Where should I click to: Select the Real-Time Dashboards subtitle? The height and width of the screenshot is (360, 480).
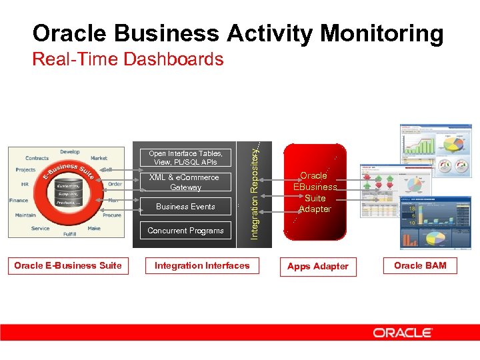coord(128,59)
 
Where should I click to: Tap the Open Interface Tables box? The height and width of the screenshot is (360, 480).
coord(185,157)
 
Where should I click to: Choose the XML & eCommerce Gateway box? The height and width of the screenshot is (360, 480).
coord(185,182)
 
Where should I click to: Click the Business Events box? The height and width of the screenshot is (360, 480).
coord(185,207)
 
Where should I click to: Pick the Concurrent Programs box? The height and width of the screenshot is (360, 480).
coord(185,231)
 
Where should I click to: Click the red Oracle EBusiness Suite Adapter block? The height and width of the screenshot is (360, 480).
coord(315,193)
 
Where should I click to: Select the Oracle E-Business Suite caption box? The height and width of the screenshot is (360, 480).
coord(68,265)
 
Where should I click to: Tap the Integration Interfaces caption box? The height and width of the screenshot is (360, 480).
coord(202,265)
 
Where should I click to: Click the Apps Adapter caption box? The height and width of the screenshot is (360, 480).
coord(317,266)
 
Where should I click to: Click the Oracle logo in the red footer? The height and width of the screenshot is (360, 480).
coord(403,333)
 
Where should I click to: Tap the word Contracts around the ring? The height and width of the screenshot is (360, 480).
coord(37,158)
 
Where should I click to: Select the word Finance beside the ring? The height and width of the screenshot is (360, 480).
coord(19,200)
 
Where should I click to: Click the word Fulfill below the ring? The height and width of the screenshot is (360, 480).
coord(69,234)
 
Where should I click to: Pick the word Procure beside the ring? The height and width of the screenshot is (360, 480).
coord(111,215)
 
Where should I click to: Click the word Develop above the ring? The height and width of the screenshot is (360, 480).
coord(69,152)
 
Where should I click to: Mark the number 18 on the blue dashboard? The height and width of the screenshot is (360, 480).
coord(413,209)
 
